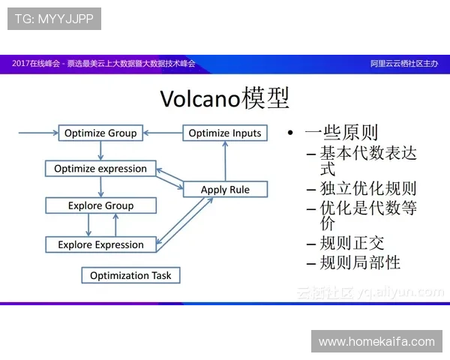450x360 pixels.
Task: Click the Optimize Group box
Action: click(x=100, y=133)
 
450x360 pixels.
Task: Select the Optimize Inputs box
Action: click(x=225, y=133)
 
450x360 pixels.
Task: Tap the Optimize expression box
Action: click(x=100, y=169)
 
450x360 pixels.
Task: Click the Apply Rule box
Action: click(x=225, y=190)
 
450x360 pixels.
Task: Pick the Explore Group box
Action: click(x=100, y=205)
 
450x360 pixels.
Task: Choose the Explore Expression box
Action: click(x=100, y=244)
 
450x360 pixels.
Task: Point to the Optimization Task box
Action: click(x=130, y=275)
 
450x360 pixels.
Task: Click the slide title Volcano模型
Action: click(x=225, y=97)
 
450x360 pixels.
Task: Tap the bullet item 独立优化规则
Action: click(x=367, y=188)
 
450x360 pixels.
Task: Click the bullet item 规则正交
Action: click(x=352, y=243)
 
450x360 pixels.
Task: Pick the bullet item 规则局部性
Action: click(x=360, y=262)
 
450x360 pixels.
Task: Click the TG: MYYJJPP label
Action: click(x=54, y=19)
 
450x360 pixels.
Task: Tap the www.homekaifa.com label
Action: click(x=376, y=341)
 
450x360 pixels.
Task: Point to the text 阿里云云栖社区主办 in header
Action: click(x=404, y=64)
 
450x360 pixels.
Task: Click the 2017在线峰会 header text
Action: click(x=35, y=64)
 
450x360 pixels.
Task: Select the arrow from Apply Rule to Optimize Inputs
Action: click(x=224, y=161)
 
